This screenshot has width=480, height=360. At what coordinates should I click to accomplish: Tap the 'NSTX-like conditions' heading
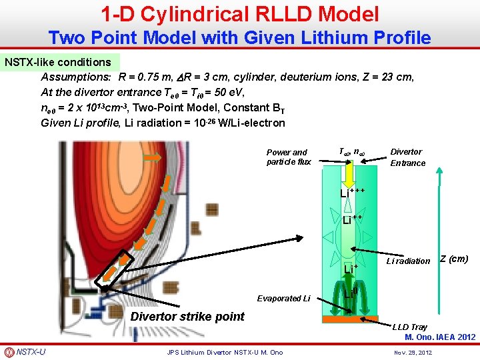58,62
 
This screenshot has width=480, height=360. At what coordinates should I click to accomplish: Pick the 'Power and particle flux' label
289,157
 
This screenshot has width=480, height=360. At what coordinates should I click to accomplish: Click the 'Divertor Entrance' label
407,157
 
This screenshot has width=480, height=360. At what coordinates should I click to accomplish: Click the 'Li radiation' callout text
408,261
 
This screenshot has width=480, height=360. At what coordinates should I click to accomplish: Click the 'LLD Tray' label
409,327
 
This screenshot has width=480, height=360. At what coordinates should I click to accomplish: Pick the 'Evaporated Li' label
283,298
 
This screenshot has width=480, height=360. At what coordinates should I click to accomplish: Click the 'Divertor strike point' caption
187,316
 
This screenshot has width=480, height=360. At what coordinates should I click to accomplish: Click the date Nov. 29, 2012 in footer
413,352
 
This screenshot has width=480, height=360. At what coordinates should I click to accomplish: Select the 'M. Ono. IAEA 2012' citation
440,337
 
